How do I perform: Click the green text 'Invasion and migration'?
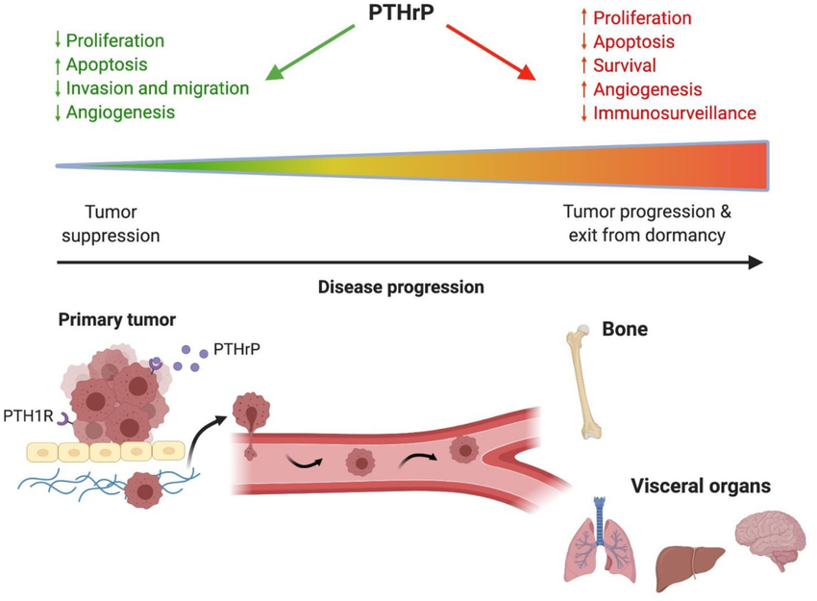tap(157, 88)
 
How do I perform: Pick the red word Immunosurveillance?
tap(674, 113)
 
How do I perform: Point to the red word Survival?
tap(625, 66)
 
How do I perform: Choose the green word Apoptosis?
tap(107, 65)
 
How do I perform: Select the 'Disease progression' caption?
tap(401, 287)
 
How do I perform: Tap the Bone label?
tap(625, 329)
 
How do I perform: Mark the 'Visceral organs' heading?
tap(700, 487)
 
